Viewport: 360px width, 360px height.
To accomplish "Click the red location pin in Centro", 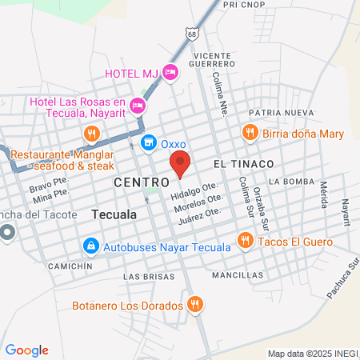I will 180,163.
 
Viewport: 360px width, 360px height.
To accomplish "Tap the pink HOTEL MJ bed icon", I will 170,73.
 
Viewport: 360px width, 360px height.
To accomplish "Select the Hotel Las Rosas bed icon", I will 138,105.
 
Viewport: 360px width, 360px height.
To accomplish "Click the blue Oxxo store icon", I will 148,143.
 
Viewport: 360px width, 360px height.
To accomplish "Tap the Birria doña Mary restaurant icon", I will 250,133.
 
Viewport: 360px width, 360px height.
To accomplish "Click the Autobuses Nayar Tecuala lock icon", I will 90,245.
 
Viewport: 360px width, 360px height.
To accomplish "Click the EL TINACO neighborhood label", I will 243,163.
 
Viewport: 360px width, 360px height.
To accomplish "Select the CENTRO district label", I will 142,182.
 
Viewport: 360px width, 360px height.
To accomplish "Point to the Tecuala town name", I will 114,215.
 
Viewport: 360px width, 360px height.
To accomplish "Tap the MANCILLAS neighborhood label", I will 238,274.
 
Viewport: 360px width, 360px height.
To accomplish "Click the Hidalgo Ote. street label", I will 194,194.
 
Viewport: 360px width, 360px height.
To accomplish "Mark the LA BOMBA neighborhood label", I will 286,182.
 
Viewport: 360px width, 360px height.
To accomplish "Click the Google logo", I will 26,350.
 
